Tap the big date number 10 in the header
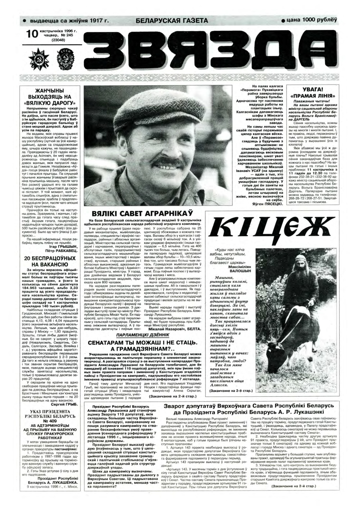[x=31, y=35]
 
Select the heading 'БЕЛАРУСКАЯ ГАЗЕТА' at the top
[x=172, y=21]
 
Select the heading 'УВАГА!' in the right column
[x=313, y=89]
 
